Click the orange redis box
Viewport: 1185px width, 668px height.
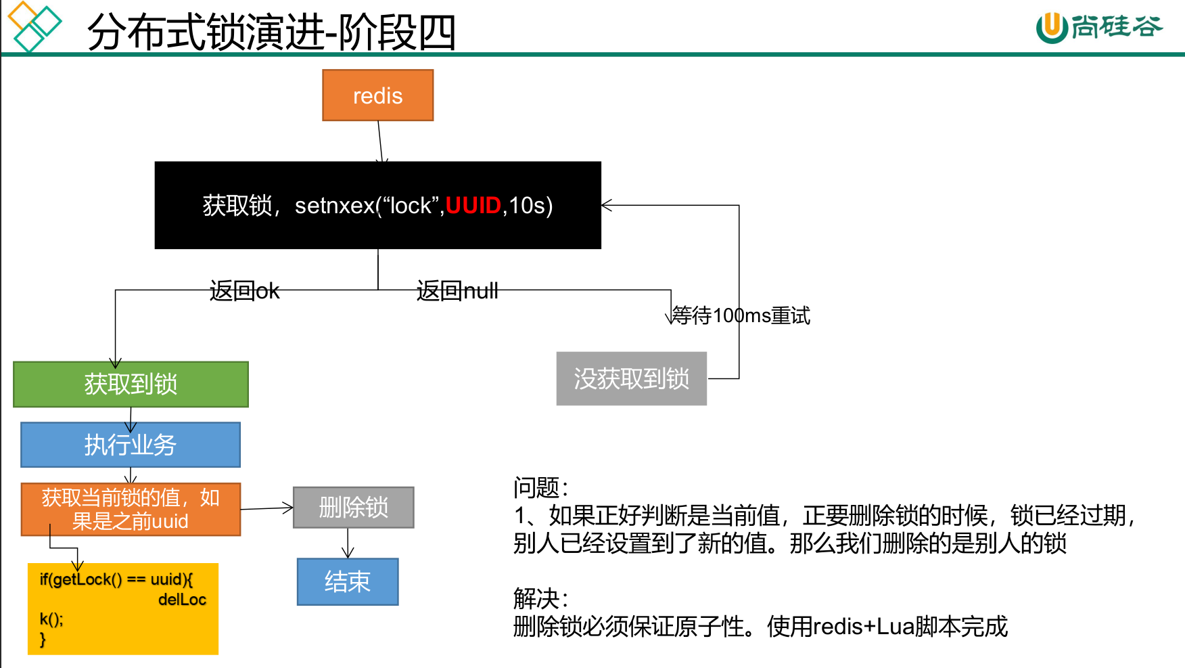click(x=377, y=95)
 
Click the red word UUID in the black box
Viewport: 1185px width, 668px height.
click(x=473, y=205)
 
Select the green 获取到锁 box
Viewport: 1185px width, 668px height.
click(x=131, y=384)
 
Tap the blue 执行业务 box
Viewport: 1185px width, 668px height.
click(x=131, y=445)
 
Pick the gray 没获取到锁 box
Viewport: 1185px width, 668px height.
click(x=631, y=378)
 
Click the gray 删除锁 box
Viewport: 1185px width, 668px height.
click(x=353, y=507)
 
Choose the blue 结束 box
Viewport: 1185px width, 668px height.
click(x=348, y=581)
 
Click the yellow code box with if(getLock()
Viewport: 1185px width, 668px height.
click(x=122, y=608)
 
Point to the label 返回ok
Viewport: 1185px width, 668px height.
click(x=244, y=291)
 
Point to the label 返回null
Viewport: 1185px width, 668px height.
click(x=457, y=291)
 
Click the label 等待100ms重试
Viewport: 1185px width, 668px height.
click(x=741, y=315)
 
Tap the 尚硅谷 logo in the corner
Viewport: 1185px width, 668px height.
click(x=1099, y=27)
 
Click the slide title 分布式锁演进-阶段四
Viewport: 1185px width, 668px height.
click(x=271, y=32)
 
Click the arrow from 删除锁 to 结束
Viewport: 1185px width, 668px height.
click(x=348, y=543)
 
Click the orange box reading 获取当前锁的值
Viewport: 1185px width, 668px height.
click(x=131, y=509)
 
